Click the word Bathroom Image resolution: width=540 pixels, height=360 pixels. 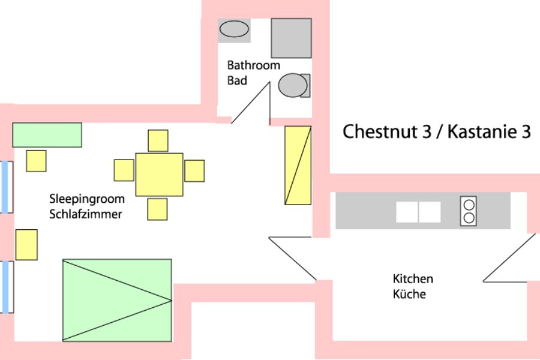tap(253, 65)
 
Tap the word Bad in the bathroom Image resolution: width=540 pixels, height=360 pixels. tap(237, 80)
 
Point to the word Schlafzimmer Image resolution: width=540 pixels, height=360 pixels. tap(86, 214)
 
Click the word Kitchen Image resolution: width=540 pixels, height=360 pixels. tap(413, 279)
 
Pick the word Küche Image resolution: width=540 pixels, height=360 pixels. tap(409, 294)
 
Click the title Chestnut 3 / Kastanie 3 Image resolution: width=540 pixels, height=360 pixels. tap(436, 131)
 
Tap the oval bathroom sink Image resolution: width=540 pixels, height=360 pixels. tap(234, 29)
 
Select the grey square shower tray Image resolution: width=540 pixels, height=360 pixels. tap(291, 38)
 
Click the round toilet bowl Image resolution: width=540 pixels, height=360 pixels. tap(292, 85)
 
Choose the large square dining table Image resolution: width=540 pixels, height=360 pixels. tap(159, 175)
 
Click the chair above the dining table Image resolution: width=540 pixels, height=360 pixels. tap(158, 140)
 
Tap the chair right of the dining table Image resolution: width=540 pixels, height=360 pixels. tap(194, 170)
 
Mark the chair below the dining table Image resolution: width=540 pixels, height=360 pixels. tap(157, 209)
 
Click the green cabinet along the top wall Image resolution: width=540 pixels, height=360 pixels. tap(47, 134)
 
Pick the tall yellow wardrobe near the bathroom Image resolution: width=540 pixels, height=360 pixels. tap(298, 165)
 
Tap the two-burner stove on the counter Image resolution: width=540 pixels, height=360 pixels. tap(469, 211)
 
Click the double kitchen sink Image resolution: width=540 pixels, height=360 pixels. tap(418, 212)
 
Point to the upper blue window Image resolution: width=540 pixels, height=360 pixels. tap(6, 187)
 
